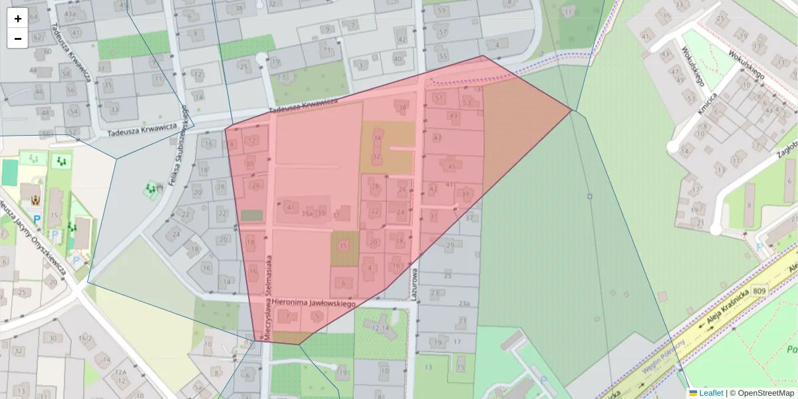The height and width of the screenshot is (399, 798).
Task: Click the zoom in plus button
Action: (17, 19)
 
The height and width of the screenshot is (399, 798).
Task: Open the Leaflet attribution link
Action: (711, 393)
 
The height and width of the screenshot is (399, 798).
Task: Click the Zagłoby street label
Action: (787, 150)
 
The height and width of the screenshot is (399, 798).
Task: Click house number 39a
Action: (307, 214)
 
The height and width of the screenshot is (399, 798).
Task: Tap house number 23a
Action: (465, 305)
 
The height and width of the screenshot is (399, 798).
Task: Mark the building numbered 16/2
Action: (85, 338)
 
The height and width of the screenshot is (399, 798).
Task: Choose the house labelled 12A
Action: (120, 372)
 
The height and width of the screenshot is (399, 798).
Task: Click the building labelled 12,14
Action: (380, 328)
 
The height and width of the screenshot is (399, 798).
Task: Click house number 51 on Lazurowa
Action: (438, 98)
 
